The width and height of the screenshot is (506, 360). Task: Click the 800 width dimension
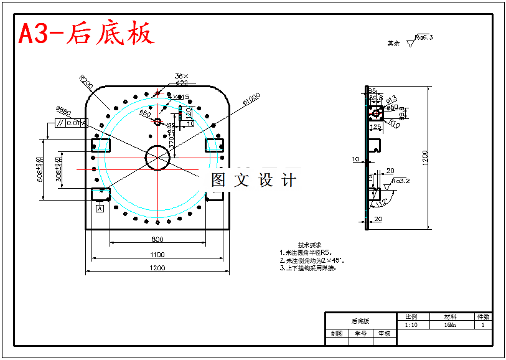click(157, 239)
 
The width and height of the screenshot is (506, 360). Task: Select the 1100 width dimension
click(157, 254)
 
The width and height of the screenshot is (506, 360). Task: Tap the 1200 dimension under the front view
click(157, 268)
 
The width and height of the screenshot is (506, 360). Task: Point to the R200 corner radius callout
click(86, 82)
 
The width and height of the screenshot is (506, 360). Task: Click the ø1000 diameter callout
click(251, 99)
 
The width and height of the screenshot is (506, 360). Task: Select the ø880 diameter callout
click(63, 111)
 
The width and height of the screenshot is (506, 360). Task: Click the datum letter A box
click(99, 209)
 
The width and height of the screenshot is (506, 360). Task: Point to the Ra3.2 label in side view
click(401, 181)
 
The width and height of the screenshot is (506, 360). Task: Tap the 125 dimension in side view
click(375, 127)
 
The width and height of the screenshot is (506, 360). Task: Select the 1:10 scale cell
click(411, 324)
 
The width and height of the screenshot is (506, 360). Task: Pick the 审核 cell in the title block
click(384, 334)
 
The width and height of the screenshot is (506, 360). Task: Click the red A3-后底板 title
click(86, 34)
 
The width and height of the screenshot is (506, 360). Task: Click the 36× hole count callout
click(181, 76)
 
